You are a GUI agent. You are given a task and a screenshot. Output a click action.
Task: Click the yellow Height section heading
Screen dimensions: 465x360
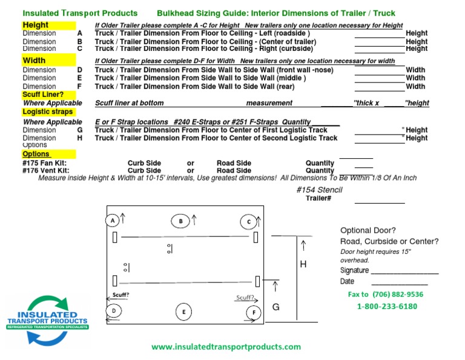click(36, 25)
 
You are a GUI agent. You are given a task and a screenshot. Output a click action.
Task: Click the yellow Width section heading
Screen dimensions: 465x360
click(34, 61)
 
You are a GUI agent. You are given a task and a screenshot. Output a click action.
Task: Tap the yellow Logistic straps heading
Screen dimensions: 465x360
click(48, 112)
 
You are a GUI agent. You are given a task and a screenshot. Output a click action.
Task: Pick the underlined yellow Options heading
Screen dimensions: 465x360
click(36, 154)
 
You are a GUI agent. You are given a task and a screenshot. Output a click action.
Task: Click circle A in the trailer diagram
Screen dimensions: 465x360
click(113, 221)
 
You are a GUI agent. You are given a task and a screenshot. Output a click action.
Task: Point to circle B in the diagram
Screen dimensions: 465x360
click(180, 222)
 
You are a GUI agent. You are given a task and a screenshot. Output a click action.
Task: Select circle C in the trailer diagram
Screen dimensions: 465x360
click(248, 222)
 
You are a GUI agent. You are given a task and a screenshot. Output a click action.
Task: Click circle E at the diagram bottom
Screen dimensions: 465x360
click(183, 312)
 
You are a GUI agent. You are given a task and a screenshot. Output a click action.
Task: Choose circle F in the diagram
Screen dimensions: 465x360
click(254, 312)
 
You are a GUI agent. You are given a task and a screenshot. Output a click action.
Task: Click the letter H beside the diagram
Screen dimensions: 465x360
click(303, 264)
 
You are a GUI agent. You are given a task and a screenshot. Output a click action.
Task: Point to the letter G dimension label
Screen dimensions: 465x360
click(275, 307)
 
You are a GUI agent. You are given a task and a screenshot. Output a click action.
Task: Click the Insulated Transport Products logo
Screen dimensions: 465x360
click(47, 320)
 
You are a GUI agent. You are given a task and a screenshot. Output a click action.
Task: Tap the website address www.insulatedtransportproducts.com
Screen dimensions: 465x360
click(226, 347)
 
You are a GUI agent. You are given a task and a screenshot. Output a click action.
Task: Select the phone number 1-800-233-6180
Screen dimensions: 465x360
click(387, 306)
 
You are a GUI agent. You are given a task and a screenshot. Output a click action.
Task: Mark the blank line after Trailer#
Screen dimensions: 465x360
click(380, 202)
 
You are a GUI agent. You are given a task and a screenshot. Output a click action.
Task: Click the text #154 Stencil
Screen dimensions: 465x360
click(319, 190)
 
